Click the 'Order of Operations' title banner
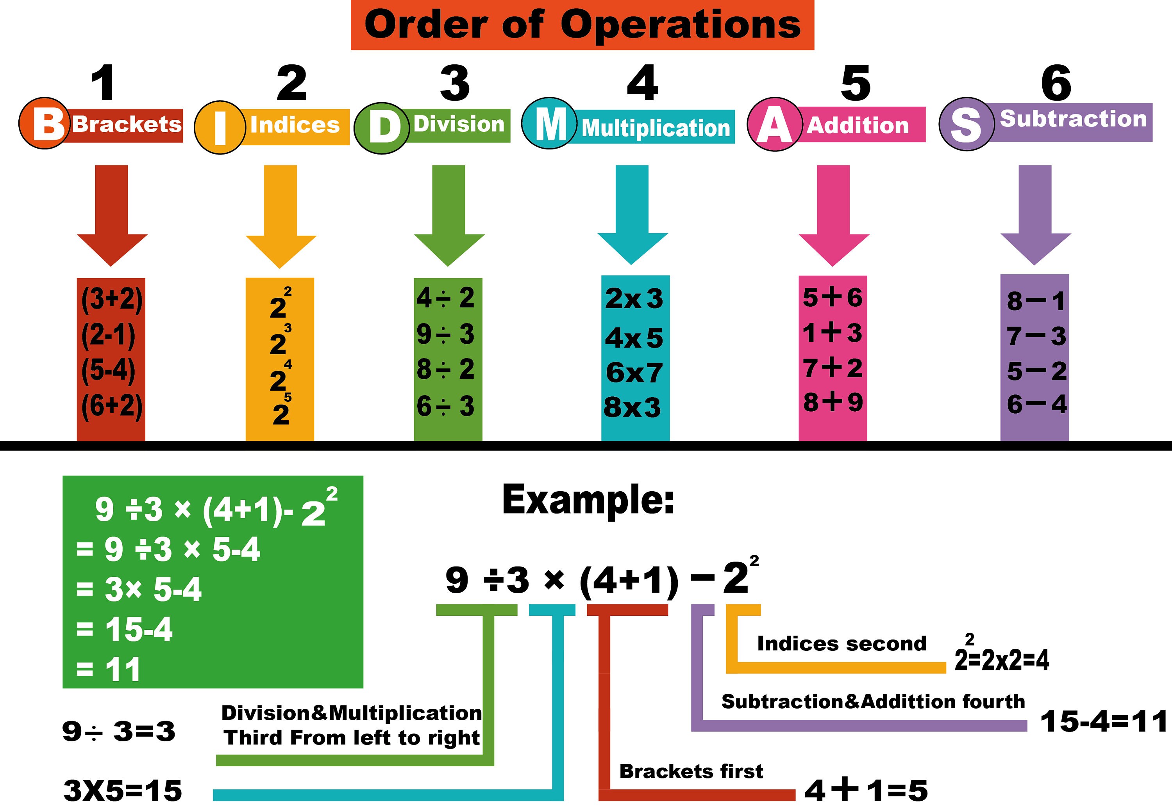[582, 25]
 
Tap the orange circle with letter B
[45, 124]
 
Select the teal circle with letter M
[549, 123]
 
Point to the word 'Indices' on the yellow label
[295, 125]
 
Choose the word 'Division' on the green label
[459, 124]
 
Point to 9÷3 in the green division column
[445, 334]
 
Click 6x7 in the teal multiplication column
[634, 373]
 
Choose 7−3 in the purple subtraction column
[1036, 336]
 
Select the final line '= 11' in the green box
[108, 670]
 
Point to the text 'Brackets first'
[691, 771]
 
